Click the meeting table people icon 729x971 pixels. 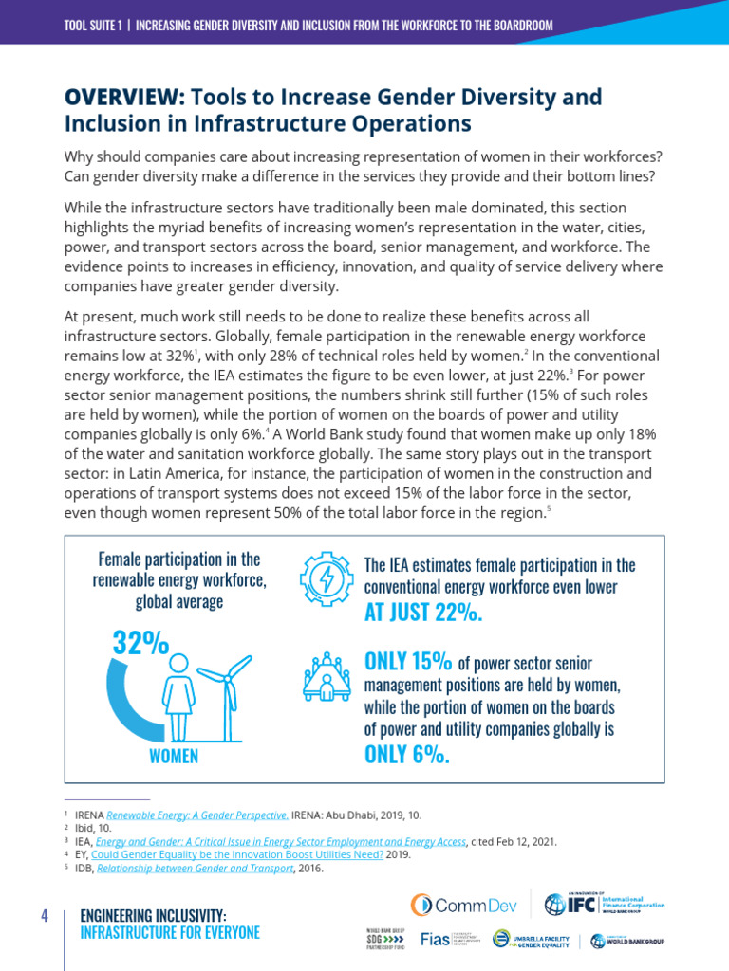pos(327,676)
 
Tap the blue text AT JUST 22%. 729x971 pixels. pos(423,613)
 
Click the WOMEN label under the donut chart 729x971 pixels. pos(174,756)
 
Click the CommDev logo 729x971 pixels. pos(463,905)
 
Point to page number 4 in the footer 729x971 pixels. pos(44,916)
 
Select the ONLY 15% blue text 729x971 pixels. pos(408,662)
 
